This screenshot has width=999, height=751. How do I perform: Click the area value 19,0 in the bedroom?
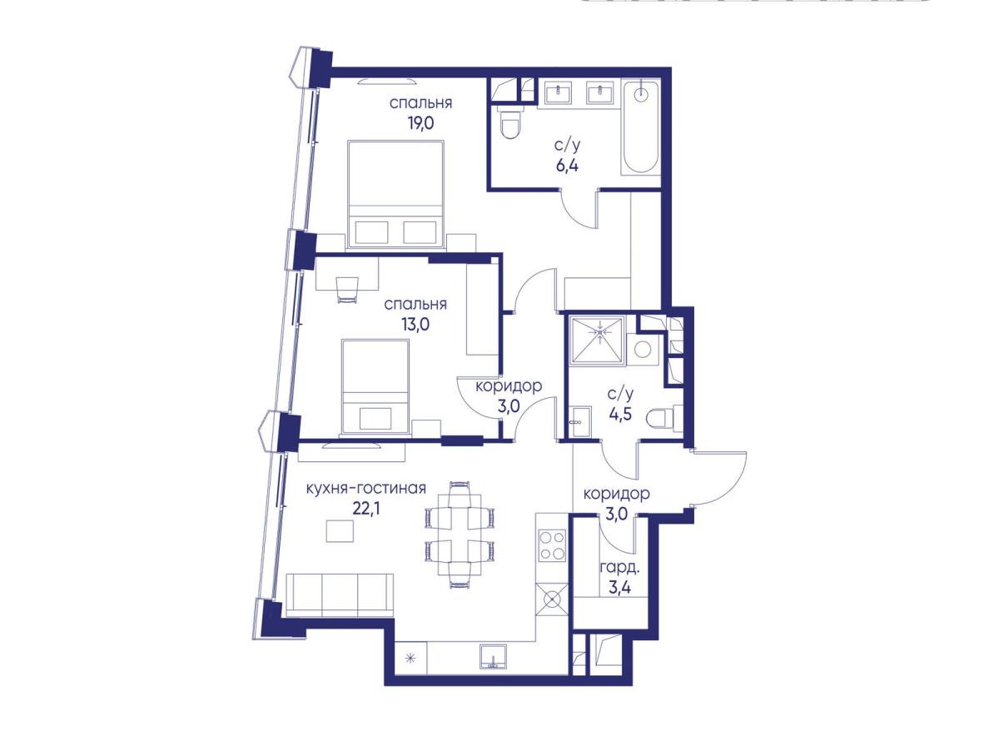coord(421,123)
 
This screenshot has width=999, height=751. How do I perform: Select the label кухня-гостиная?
coord(366,489)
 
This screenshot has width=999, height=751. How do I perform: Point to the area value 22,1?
coord(366,509)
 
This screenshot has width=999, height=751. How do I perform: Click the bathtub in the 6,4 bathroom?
coord(640,128)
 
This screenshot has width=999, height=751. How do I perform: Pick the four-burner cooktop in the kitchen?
coord(552,545)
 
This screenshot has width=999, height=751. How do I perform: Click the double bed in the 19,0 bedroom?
coord(395,195)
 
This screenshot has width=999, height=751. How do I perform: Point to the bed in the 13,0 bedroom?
coord(375,386)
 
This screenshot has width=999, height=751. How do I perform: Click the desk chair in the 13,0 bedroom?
coord(347,290)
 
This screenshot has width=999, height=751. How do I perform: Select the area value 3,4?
coord(620,589)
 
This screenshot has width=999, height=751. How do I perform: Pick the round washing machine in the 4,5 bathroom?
coord(643,350)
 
